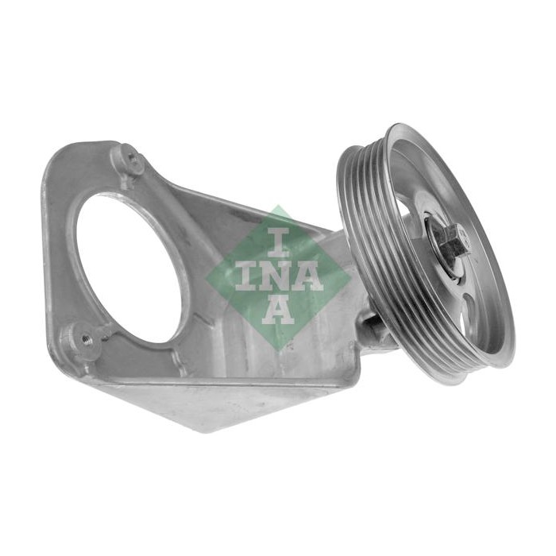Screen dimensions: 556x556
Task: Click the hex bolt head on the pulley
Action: pos(454,242)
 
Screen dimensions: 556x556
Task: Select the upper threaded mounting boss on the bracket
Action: pos(133,160)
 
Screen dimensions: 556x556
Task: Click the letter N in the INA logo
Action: pos(278,278)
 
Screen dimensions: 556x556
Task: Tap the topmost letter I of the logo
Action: pos(278,242)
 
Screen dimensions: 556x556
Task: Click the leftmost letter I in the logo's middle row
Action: pos(246,278)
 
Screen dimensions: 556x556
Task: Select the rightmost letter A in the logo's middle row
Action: pos(309,278)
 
